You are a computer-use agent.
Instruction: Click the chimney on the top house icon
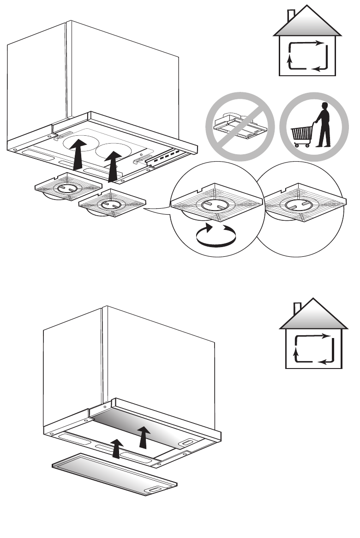click(292, 16)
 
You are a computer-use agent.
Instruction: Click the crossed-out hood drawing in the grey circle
click(240, 127)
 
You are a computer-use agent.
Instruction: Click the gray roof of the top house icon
click(308, 28)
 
